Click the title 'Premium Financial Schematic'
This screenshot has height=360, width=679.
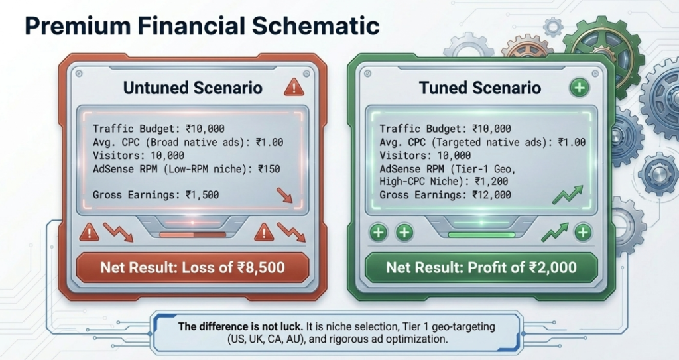pos(202,27)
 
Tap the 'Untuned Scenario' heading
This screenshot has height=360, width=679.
pos(193,88)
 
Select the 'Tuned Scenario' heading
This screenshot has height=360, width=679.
pos(480,88)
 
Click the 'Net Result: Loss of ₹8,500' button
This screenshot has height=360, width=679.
pos(192,268)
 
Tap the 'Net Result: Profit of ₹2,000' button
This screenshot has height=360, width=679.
pos(481,268)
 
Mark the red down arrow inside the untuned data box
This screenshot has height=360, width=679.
pos(284,195)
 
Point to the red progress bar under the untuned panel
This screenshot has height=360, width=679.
pos(192,234)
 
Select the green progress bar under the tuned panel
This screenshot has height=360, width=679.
pos(481,234)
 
